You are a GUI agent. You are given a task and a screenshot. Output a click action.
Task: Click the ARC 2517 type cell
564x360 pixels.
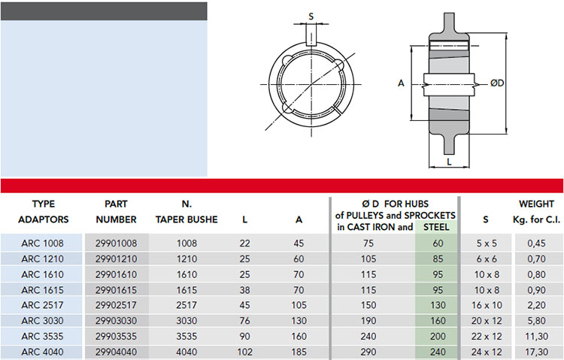pos(42,305)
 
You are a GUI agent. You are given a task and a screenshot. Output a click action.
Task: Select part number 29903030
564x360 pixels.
pos(116,321)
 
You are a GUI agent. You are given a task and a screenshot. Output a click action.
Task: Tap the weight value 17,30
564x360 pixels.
pos(536,352)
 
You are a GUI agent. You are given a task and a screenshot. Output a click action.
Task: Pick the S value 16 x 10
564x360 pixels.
pos(487,305)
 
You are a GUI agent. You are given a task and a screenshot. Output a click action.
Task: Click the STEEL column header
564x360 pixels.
pos(436,227)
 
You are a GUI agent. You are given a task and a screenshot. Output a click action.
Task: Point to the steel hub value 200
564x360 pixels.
pos(438,337)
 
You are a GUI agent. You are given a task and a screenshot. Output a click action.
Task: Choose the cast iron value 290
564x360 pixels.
pos(368,352)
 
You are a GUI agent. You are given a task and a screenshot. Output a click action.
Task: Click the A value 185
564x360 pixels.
pos(299,352)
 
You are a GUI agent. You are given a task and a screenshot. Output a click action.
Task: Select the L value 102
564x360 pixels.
pos(244,352)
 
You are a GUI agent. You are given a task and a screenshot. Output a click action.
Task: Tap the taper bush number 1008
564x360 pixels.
pos(186,244)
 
